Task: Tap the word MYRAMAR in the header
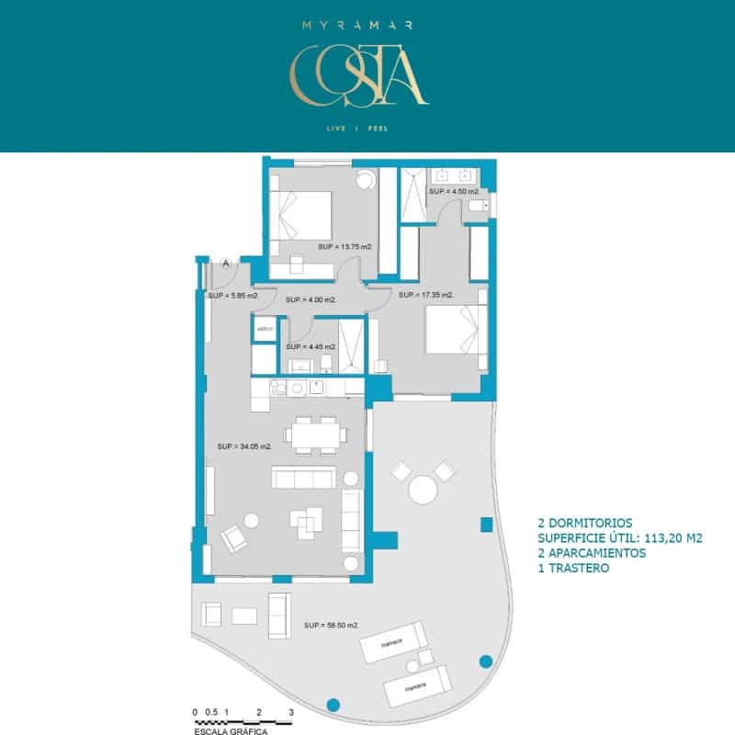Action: pyautogui.click(x=358, y=25)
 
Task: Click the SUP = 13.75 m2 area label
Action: pyautogui.click(x=345, y=247)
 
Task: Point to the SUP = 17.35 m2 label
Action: pyautogui.click(x=425, y=295)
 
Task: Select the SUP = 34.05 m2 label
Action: pyautogui.click(x=244, y=447)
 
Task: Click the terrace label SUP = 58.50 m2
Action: pyautogui.click(x=331, y=625)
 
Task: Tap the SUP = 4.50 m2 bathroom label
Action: pyautogui.click(x=454, y=191)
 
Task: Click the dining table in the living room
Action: pyautogui.click(x=315, y=434)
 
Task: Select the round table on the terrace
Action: pyautogui.click(x=424, y=488)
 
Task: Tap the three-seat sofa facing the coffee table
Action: pyautogui.click(x=302, y=479)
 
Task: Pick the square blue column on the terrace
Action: pyautogui.click(x=487, y=525)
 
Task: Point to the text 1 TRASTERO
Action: pyautogui.click(x=574, y=569)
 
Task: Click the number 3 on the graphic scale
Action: pyautogui.click(x=291, y=712)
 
